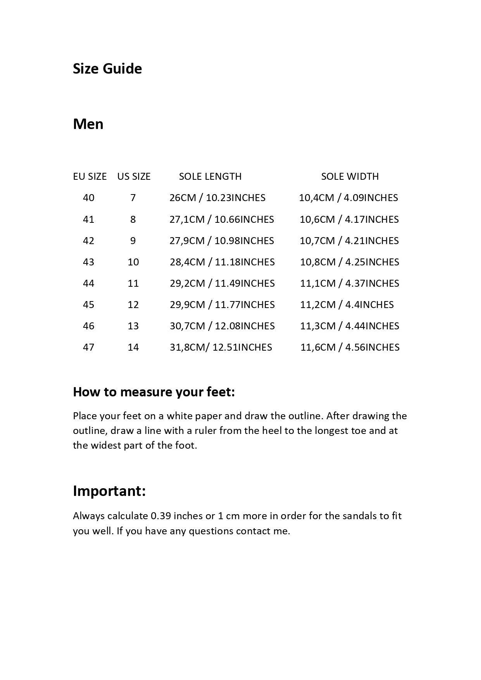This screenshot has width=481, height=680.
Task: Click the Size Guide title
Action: point(107,69)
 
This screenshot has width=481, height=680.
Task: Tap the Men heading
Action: point(88,124)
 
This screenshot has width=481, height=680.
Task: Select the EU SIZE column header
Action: point(90,177)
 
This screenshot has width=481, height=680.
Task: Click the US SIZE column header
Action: point(134,177)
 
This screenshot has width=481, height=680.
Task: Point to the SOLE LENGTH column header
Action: point(210,177)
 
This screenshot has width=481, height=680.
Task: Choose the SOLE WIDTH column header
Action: point(350,177)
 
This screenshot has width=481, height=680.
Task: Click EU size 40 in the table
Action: point(88,198)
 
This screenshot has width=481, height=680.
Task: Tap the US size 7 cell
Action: point(133,198)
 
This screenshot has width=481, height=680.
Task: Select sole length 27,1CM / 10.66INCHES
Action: point(221,220)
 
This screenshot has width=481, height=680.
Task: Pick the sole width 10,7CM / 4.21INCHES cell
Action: point(349,241)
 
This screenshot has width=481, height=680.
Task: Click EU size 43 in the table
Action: point(88,262)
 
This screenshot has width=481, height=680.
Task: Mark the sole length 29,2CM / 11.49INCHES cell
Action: point(222,284)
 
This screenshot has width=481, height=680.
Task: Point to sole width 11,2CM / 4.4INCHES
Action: point(347,305)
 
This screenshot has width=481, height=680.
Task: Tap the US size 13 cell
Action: point(133,326)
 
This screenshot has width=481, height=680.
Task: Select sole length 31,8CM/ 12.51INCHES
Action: point(221,348)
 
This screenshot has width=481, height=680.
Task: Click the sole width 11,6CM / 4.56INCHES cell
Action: point(350,348)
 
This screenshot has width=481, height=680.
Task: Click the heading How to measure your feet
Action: point(154,392)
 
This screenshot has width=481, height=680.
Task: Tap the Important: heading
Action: point(109,491)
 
